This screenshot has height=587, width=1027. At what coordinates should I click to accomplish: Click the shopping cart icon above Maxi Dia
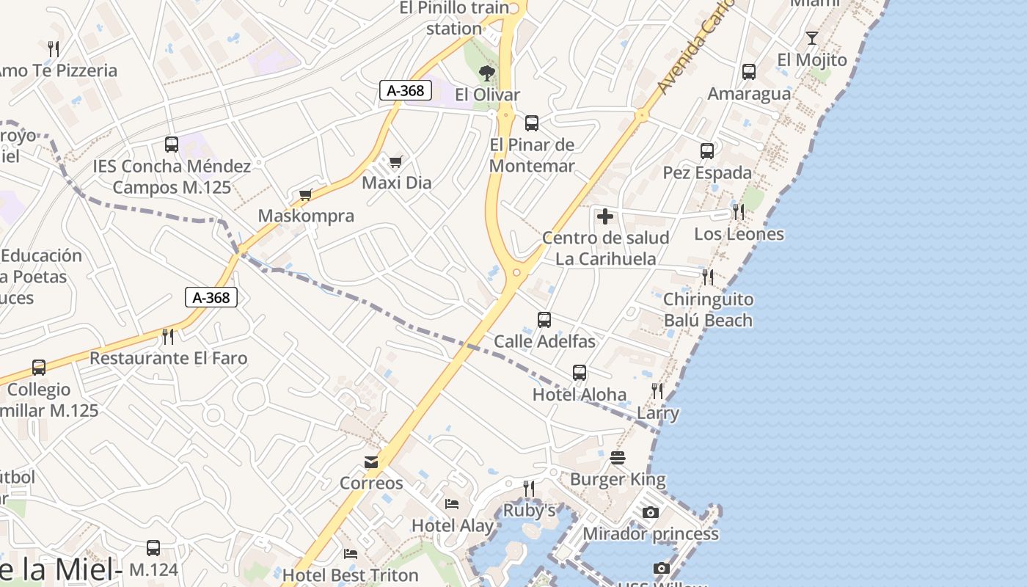click(x=395, y=161)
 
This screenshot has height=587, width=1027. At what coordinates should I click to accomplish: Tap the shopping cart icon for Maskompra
click(x=306, y=195)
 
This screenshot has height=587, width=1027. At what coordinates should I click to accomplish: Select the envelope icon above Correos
click(x=371, y=462)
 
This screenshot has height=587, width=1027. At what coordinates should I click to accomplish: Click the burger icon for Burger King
click(x=618, y=459)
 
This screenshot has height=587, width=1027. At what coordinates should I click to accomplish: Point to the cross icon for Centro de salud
click(x=605, y=216)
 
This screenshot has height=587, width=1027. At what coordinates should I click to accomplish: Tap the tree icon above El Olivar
click(x=486, y=73)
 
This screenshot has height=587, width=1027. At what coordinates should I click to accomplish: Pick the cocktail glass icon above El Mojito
click(x=811, y=38)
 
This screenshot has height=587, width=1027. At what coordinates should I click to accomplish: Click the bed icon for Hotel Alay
click(x=452, y=504)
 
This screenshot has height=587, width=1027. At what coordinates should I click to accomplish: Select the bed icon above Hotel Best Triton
click(x=351, y=553)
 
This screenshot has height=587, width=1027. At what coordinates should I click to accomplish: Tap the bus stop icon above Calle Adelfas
click(x=544, y=320)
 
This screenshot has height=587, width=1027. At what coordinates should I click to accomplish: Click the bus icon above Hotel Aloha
click(x=580, y=373)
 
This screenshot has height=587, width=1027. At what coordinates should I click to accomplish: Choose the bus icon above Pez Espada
click(x=707, y=151)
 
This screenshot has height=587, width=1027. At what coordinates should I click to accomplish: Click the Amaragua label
click(x=749, y=94)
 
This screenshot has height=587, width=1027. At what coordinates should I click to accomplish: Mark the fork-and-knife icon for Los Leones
click(x=739, y=212)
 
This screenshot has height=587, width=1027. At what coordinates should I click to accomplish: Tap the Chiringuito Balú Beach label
click(x=708, y=310)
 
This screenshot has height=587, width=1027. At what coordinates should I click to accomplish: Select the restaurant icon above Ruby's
click(x=529, y=489)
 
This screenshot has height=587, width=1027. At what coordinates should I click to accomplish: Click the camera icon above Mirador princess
click(x=651, y=512)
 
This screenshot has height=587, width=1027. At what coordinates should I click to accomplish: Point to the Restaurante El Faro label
click(x=168, y=358)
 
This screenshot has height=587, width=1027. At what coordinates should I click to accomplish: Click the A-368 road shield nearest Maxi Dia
click(x=405, y=91)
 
